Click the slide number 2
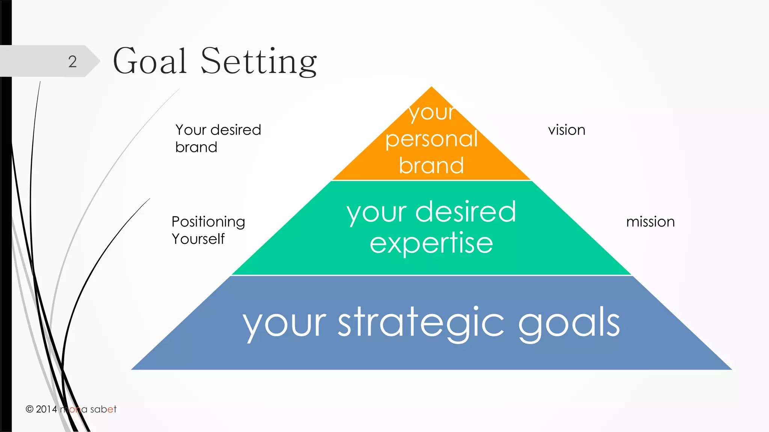coord(72,61)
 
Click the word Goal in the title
coord(150,61)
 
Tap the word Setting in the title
coord(259,61)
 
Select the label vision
coord(566,130)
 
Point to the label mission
coord(650,222)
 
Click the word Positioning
coord(208,222)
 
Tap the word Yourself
coord(198,239)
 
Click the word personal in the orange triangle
coord(431,139)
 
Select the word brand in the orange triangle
coord(431,165)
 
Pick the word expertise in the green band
coord(431,243)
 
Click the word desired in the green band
coord(466,212)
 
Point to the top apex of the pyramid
coord(431,88)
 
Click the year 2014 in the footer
coord(46,409)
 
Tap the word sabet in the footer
coord(103,409)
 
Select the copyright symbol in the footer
coord(29,409)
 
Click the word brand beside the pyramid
coord(196,147)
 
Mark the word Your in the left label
coord(191,130)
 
